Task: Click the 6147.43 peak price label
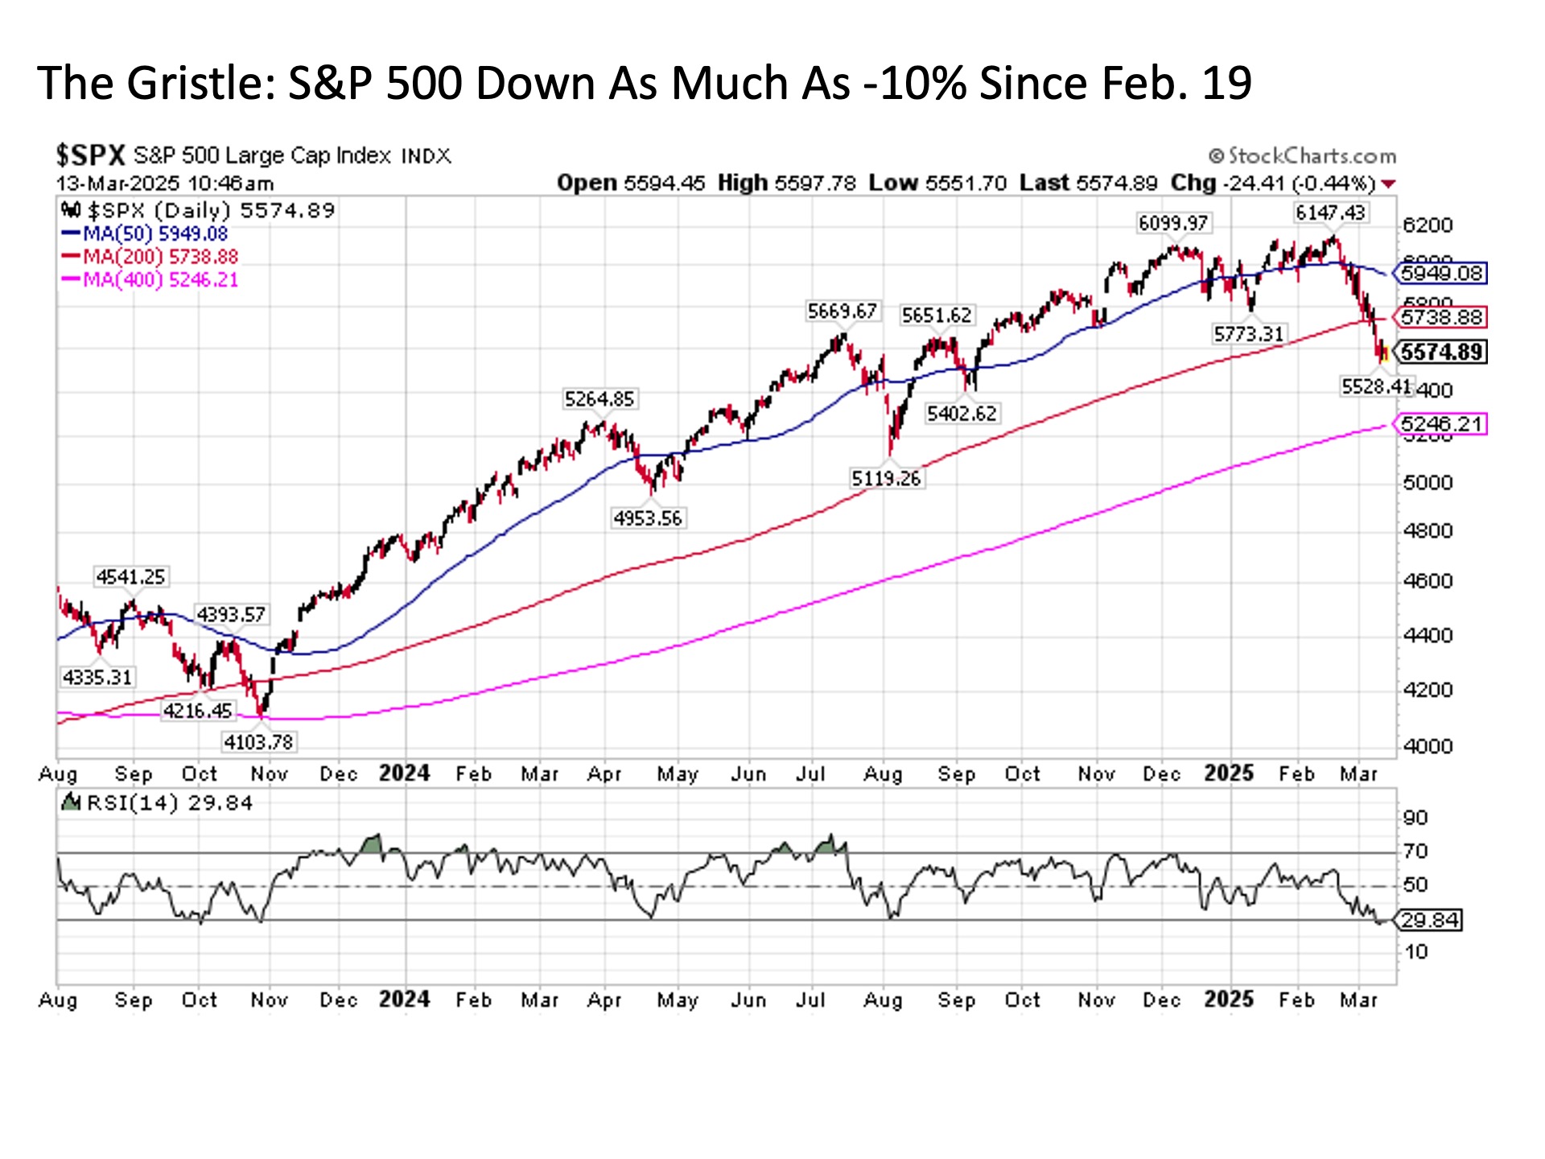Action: [1330, 212]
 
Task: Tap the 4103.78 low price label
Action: [259, 741]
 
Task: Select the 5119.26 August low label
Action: [886, 479]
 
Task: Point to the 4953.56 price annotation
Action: [648, 518]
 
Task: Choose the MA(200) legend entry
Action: [150, 257]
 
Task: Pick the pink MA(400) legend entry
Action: [150, 280]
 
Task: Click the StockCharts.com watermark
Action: [1303, 156]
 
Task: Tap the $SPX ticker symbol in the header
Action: [91, 155]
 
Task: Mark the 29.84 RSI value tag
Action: [1430, 920]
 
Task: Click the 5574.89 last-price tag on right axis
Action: [1441, 353]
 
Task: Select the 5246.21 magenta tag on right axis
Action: [1441, 424]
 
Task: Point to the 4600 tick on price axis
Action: [1428, 581]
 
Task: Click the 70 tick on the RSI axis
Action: [1415, 852]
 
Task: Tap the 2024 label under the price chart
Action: [404, 773]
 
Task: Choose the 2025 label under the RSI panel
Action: [1229, 1000]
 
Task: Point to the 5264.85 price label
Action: [599, 399]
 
